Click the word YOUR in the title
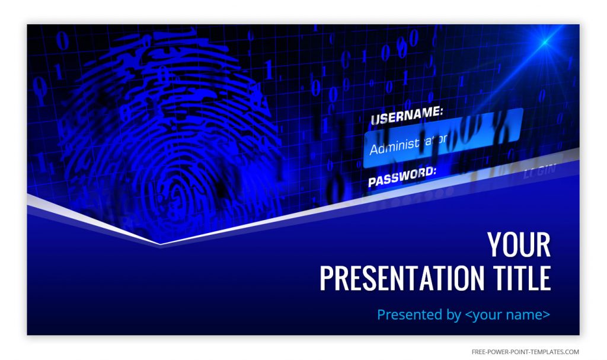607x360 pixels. point(519,244)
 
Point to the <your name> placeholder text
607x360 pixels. point(507,314)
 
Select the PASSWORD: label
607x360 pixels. point(402,176)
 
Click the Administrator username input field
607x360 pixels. point(442,138)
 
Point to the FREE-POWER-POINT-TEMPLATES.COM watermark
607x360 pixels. point(525,352)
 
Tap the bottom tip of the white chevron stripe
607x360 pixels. point(161,243)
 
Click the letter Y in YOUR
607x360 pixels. point(495,244)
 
